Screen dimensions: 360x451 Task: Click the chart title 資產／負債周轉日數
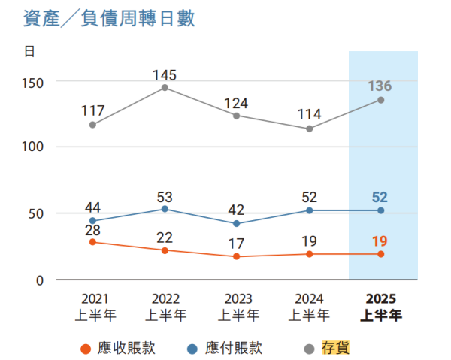110,19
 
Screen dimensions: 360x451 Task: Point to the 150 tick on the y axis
34,81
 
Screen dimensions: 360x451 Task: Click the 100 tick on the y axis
34,147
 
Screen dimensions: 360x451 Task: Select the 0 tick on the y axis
39,280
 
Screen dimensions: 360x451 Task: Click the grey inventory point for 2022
165,88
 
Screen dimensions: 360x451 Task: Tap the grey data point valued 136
380,100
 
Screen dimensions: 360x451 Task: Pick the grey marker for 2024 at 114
309,129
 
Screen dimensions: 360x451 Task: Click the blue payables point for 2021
92,221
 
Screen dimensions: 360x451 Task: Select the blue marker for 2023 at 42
237,224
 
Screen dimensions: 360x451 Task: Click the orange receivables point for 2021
92,242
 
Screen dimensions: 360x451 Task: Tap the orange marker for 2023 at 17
237,256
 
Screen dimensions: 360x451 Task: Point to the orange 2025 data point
380,254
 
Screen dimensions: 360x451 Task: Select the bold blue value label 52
380,197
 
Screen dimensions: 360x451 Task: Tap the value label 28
92,229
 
